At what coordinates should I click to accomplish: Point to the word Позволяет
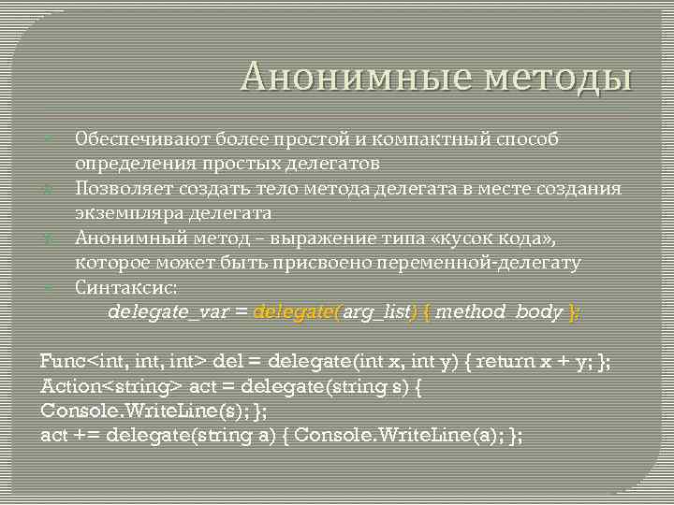point(124,189)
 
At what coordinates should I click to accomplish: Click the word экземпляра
point(126,213)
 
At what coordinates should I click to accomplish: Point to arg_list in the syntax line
point(377,311)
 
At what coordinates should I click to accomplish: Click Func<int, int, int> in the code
point(125,361)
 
